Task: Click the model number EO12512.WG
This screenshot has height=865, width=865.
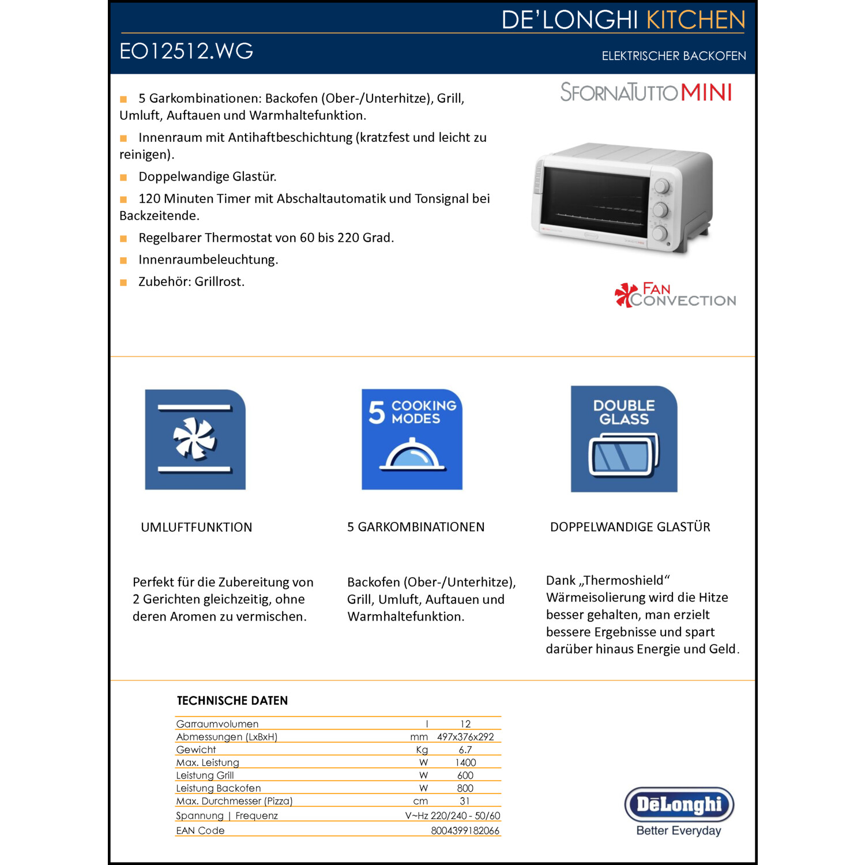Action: (x=186, y=51)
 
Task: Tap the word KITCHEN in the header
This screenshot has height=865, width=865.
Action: (x=695, y=20)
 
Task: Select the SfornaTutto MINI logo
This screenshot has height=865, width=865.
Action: (x=646, y=92)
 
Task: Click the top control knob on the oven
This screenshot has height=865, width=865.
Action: (x=661, y=186)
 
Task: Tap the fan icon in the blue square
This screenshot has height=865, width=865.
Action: (x=195, y=439)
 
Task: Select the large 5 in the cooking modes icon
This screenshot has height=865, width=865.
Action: (x=377, y=412)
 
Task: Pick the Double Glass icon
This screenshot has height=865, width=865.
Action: (x=624, y=439)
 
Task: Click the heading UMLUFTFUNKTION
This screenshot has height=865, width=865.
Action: (x=196, y=527)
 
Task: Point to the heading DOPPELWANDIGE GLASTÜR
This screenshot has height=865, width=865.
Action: (x=630, y=527)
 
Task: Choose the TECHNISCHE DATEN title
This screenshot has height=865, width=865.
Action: (x=232, y=701)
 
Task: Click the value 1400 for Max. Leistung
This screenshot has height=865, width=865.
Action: (x=465, y=762)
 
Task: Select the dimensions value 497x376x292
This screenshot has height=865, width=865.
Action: (x=465, y=737)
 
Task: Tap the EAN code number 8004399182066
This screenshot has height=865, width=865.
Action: (x=465, y=830)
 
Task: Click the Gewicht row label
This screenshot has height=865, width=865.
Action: (x=196, y=750)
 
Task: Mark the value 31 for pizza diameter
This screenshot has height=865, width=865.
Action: (x=465, y=801)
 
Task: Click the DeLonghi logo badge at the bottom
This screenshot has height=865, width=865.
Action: (x=679, y=804)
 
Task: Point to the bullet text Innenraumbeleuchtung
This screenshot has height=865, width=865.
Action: (x=208, y=259)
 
